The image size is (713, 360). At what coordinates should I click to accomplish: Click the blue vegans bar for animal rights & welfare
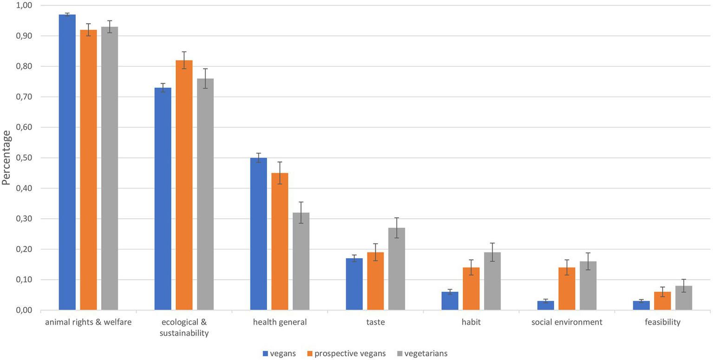point(67,162)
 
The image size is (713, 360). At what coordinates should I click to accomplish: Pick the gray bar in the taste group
point(397,268)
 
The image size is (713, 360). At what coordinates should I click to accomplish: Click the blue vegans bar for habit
point(450,301)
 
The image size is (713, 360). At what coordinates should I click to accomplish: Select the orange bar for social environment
point(567,288)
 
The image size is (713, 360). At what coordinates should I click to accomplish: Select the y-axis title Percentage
point(7,158)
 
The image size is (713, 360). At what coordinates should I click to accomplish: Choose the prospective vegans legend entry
point(346,353)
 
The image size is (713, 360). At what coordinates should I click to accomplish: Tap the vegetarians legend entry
point(423,353)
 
